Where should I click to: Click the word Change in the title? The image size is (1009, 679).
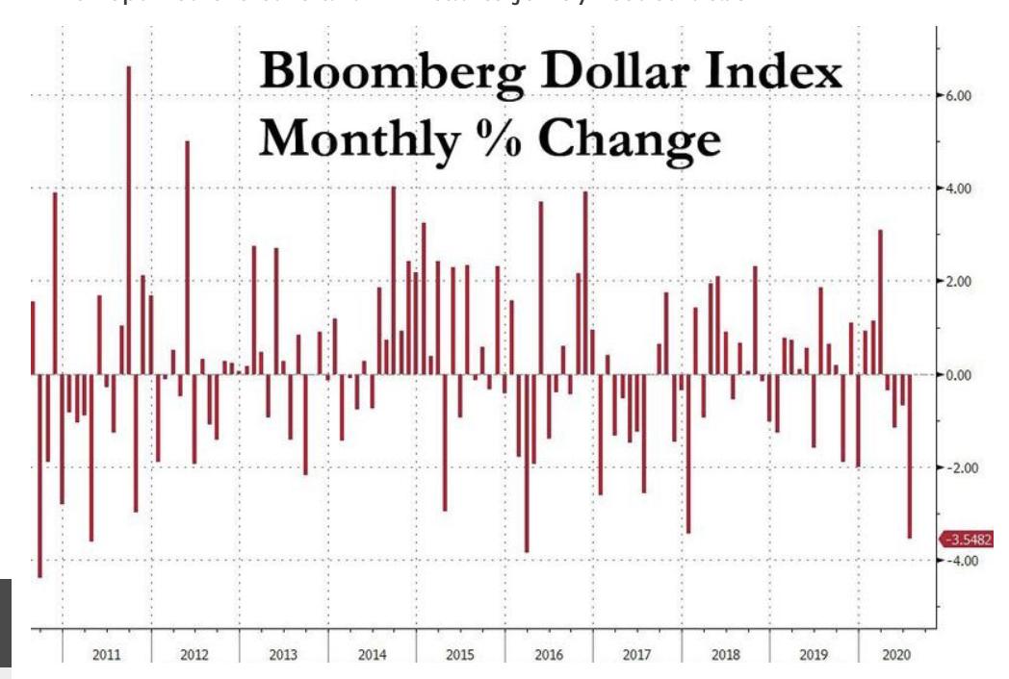(629, 139)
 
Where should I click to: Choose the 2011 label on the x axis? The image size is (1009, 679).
(106, 655)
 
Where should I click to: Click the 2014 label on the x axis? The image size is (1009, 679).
(372, 655)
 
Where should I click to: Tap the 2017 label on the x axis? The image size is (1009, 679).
(636, 655)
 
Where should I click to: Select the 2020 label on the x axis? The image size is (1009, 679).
(895, 655)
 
